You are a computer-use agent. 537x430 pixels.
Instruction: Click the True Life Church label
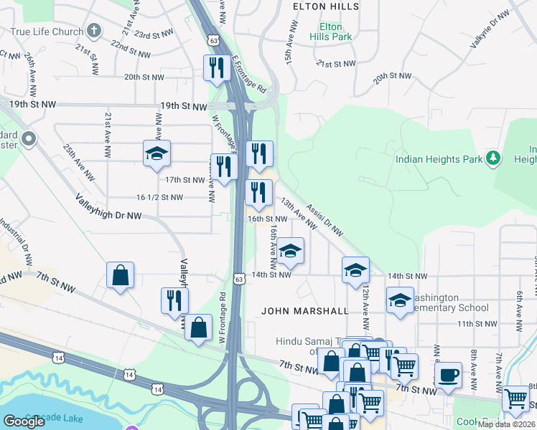coord(45,31)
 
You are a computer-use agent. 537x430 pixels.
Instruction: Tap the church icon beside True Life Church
coord(93,31)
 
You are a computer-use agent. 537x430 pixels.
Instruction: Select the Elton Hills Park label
coord(330,31)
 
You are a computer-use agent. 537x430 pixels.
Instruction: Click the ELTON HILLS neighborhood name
coord(325,6)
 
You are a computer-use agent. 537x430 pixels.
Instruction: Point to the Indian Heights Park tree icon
coord(492,158)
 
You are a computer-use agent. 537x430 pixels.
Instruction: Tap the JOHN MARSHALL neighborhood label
coord(305,311)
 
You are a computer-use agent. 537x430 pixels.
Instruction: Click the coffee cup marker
coord(449,375)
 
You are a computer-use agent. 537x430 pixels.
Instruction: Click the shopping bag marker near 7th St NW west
coord(120,275)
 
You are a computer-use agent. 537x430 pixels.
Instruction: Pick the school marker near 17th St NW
coord(157,153)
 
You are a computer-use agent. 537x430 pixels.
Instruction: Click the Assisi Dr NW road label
coord(324,219)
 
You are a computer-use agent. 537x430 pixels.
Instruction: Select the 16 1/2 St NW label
coord(159,197)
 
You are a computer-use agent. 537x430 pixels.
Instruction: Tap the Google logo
coord(24,421)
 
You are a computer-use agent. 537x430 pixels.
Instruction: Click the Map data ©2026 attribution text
coord(506,424)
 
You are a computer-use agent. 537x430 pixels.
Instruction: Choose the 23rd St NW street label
coord(152,34)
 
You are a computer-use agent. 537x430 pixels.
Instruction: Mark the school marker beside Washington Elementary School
coord(400,300)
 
